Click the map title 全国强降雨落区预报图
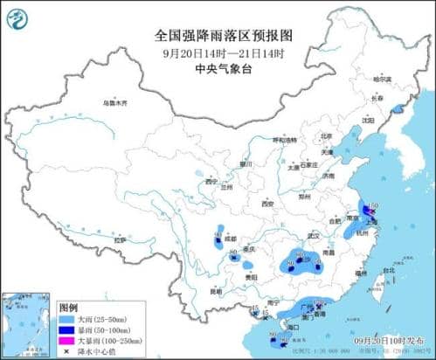pyautogui.click(x=218, y=37)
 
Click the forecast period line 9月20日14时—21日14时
pyautogui.click(x=218, y=52)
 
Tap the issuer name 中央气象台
pyautogui.click(x=218, y=67)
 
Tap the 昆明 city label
pyautogui.click(x=215, y=290)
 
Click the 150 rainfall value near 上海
pyautogui.click(x=373, y=204)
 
